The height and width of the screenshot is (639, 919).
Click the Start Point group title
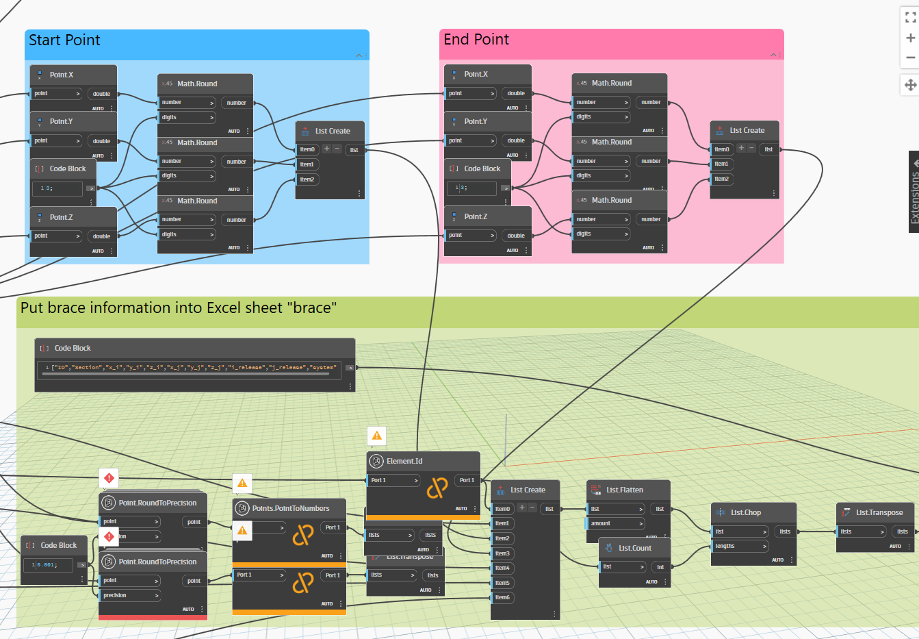point(64,40)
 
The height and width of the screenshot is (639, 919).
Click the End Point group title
point(476,40)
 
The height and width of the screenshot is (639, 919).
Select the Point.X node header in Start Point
point(61,75)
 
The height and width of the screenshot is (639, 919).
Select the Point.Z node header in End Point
point(476,216)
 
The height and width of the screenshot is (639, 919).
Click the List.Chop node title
point(745,512)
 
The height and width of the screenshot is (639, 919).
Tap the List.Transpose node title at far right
point(879,512)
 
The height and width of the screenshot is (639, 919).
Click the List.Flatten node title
point(624,490)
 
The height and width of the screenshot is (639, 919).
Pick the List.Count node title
point(634,548)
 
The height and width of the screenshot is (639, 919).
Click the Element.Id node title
point(404,461)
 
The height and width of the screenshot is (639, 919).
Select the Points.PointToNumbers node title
point(290,508)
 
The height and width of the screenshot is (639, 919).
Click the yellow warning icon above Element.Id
point(376,435)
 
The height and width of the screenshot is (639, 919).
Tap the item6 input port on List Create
point(502,597)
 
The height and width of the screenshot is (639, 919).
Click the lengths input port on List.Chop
point(738,546)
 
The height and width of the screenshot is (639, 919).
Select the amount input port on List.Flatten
point(615,523)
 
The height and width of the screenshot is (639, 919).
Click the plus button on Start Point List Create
point(327,149)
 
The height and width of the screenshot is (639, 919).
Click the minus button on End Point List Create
point(751,148)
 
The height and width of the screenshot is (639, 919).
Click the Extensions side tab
point(914,192)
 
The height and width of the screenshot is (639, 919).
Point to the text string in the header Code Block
point(193,368)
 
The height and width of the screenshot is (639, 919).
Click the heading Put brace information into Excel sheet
point(178,308)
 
